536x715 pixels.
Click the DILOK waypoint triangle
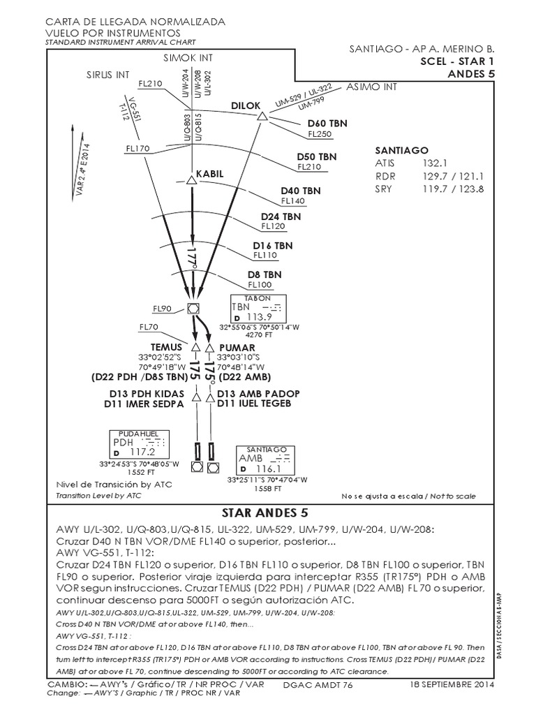coord(262,117)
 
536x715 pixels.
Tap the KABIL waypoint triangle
coord(191,179)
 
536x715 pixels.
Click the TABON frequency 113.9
coord(260,317)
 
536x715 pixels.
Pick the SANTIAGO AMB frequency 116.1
coord(268,469)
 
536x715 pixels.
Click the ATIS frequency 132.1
coord(433,163)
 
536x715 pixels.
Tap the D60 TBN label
coord(322,124)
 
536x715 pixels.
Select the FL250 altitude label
coord(320,134)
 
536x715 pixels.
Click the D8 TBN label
coord(265,274)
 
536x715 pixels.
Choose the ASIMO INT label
coord(371,87)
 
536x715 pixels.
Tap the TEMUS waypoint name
coord(166,347)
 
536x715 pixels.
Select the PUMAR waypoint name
coord(237,347)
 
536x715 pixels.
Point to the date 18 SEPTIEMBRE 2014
coord(453,686)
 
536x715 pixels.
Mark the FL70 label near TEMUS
coord(149,327)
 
